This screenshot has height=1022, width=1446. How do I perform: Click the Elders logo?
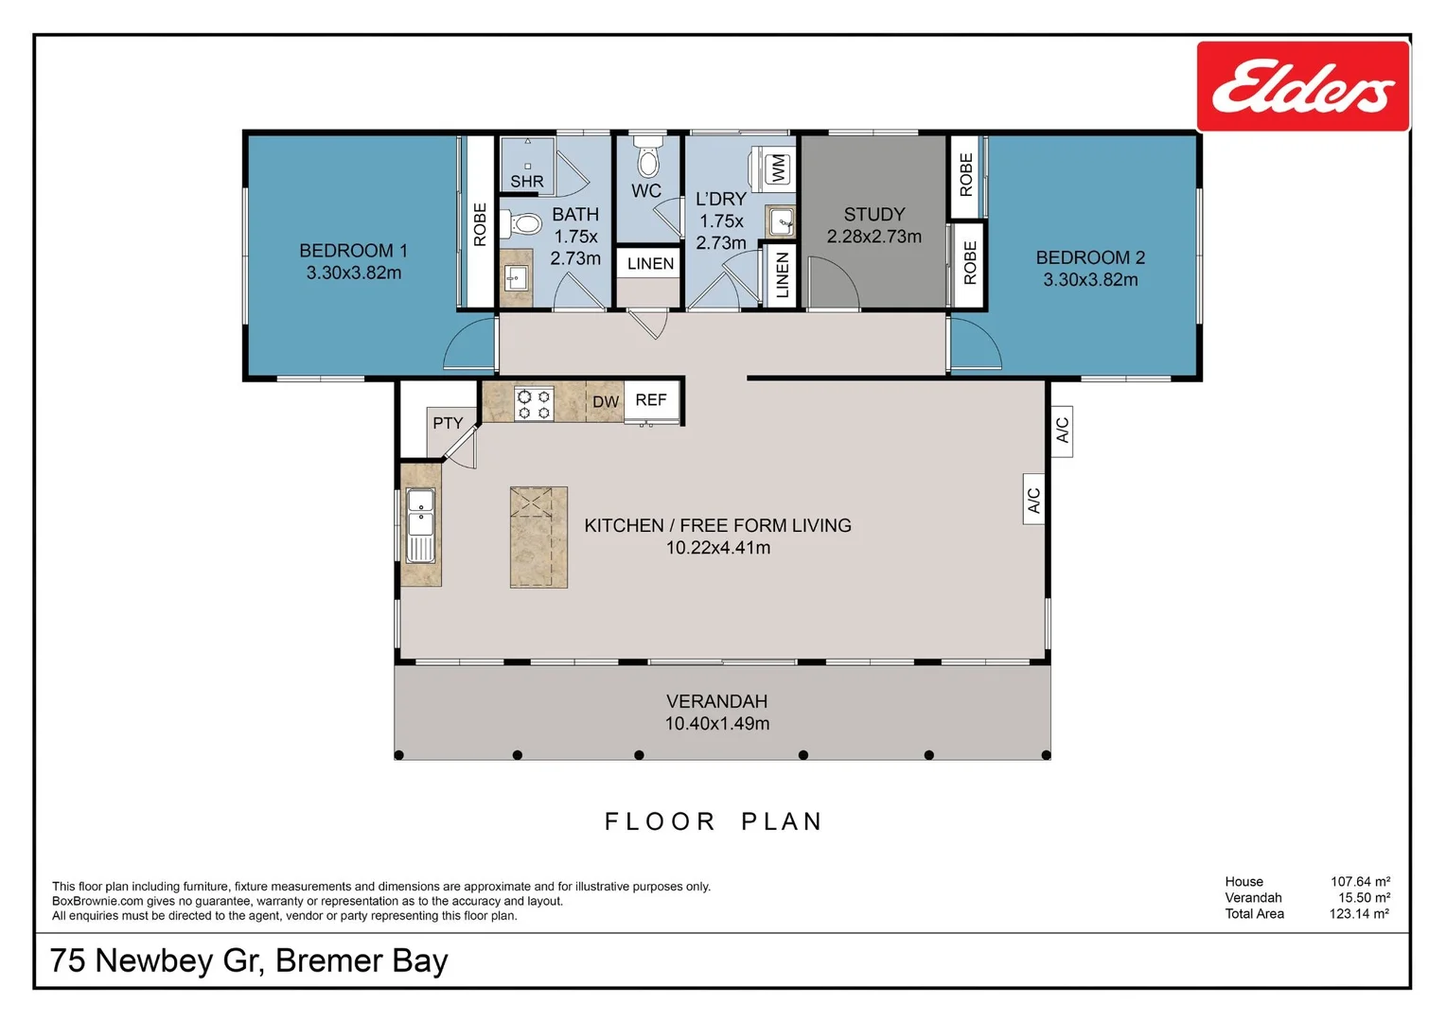point(1302,86)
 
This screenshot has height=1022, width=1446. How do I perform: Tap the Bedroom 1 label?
point(353,251)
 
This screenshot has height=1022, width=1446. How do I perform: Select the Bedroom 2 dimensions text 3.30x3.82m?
point(1090,280)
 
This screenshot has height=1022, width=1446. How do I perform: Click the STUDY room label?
point(873,215)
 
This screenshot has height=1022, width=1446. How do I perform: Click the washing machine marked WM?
point(777,168)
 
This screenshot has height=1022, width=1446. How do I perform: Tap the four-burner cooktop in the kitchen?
point(534,403)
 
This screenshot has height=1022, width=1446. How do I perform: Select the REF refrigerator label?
point(651,400)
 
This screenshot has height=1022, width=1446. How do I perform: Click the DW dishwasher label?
point(605,402)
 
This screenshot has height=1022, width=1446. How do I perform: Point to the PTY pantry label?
point(448,423)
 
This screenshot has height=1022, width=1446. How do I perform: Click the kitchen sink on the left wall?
point(420,524)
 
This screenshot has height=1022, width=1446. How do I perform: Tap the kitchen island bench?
point(538,537)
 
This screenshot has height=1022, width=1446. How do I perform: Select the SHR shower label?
point(527,182)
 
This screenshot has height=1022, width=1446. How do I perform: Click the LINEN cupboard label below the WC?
point(650,264)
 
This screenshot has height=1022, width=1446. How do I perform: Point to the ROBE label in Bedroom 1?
point(480,224)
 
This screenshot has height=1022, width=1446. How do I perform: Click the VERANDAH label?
point(716,701)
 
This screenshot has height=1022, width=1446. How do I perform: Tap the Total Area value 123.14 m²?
point(1359,914)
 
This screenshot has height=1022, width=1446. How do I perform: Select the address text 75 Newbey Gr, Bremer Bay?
point(249,960)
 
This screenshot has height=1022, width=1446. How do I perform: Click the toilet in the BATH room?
point(520,224)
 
